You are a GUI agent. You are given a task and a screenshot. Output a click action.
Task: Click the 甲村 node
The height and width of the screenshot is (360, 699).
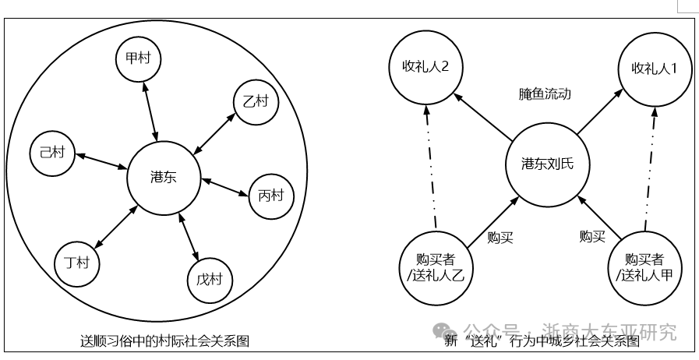[138, 58]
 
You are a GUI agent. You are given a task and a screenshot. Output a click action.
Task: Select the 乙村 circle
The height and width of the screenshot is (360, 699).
[256, 102]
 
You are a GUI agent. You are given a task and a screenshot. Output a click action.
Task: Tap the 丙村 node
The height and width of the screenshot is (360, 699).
[271, 196]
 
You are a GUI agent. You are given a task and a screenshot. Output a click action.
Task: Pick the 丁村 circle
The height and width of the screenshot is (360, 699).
[77, 263]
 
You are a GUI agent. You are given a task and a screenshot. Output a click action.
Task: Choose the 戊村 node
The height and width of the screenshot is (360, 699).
[210, 281]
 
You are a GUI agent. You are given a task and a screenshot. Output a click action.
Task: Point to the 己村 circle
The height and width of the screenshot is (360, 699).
[53, 153]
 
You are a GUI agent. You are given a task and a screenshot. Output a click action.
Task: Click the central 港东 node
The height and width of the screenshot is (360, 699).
[164, 178]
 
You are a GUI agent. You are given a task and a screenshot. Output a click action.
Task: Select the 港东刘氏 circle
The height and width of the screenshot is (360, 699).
[547, 165]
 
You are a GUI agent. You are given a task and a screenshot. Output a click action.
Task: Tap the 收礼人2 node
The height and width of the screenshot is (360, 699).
[426, 68]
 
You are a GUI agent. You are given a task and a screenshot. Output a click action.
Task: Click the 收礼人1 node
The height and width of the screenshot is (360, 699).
[655, 69]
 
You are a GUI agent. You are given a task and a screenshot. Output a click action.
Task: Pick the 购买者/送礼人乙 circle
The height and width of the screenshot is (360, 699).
[436, 269]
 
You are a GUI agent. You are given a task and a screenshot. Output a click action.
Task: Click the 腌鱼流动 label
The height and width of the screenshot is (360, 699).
[545, 94]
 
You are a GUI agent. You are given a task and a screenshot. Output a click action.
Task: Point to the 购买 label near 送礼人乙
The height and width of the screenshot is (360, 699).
[500, 238]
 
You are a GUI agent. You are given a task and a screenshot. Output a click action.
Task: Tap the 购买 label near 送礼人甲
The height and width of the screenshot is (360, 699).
[592, 236]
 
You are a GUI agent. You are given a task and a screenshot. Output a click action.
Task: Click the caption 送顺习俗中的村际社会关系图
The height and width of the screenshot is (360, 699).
[165, 341]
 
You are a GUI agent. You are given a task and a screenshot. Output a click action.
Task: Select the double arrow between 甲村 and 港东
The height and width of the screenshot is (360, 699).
[150, 111]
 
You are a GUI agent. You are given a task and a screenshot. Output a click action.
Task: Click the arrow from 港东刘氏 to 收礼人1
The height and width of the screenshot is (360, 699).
[600, 111]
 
